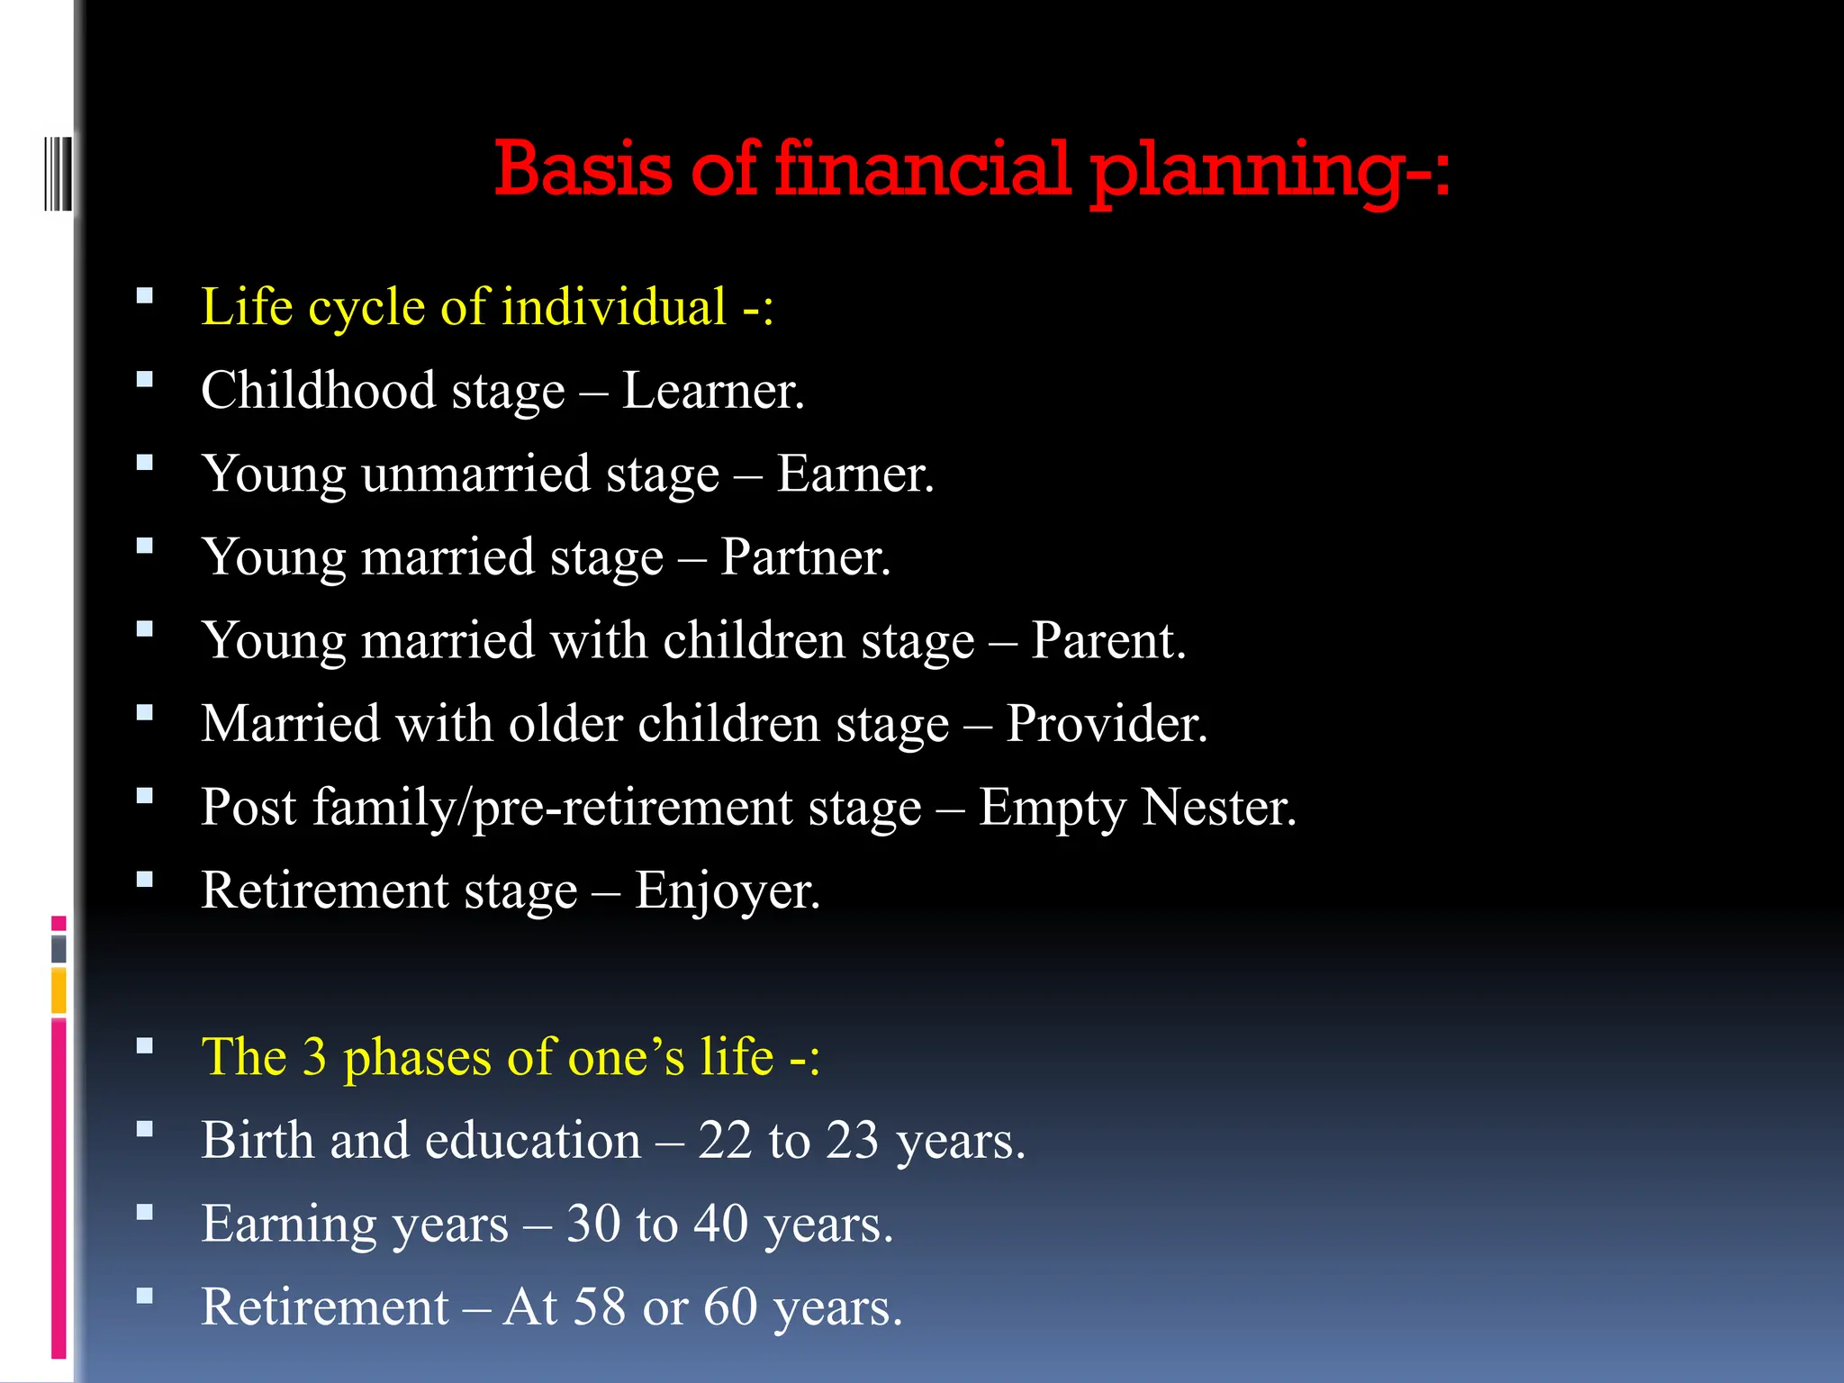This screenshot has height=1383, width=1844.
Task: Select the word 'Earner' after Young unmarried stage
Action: (x=852, y=474)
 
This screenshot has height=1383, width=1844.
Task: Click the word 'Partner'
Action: (x=802, y=557)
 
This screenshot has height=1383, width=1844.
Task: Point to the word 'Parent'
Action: (x=1105, y=641)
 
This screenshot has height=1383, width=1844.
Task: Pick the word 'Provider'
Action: (x=1104, y=724)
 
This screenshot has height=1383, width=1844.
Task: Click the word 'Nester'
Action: (x=1217, y=808)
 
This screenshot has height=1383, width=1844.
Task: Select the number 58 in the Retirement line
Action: (x=599, y=1307)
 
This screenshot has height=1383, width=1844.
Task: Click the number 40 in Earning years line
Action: (x=720, y=1225)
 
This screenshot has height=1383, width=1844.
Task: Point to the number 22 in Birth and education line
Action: (x=725, y=1141)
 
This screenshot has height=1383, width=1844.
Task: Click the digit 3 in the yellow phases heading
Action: (x=314, y=1057)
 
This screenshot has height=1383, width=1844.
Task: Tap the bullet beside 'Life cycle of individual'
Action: (x=145, y=295)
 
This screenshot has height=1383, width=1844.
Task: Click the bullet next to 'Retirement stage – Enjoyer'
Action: (x=145, y=880)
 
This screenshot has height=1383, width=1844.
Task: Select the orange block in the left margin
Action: (x=59, y=990)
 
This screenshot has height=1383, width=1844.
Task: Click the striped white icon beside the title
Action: (x=58, y=172)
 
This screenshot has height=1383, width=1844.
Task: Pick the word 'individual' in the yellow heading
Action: (x=613, y=307)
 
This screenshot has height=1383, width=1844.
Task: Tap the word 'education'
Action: (x=532, y=1141)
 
